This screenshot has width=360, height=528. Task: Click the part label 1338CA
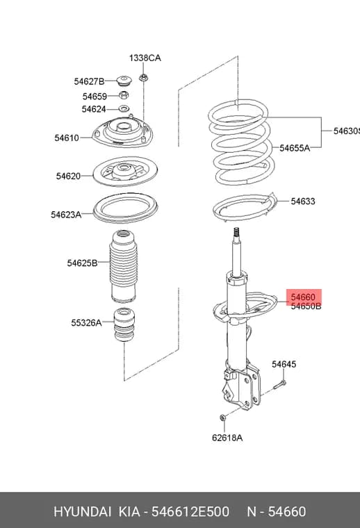(x=145, y=58)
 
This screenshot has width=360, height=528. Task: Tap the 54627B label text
(x=89, y=81)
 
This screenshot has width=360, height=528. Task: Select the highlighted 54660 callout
(x=303, y=297)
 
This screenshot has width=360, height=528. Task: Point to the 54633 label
(x=303, y=201)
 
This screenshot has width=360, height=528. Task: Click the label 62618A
(x=227, y=438)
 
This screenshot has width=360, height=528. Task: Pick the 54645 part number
(x=284, y=364)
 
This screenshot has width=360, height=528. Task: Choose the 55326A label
(x=86, y=323)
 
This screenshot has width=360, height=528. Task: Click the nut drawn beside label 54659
(x=124, y=95)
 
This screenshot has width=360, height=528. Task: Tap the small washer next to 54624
(x=124, y=109)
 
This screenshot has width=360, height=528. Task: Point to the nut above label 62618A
(x=222, y=418)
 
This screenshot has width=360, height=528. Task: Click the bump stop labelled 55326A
(x=124, y=324)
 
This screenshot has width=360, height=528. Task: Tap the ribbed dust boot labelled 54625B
(x=123, y=266)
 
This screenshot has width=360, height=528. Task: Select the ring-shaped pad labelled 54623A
(x=125, y=208)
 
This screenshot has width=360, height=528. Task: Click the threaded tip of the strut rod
(x=236, y=232)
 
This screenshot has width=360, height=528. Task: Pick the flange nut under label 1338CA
(x=143, y=78)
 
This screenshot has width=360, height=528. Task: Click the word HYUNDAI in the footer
(x=82, y=511)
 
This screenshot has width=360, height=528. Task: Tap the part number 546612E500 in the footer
(x=190, y=511)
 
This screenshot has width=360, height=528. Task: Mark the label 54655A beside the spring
(x=295, y=148)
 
